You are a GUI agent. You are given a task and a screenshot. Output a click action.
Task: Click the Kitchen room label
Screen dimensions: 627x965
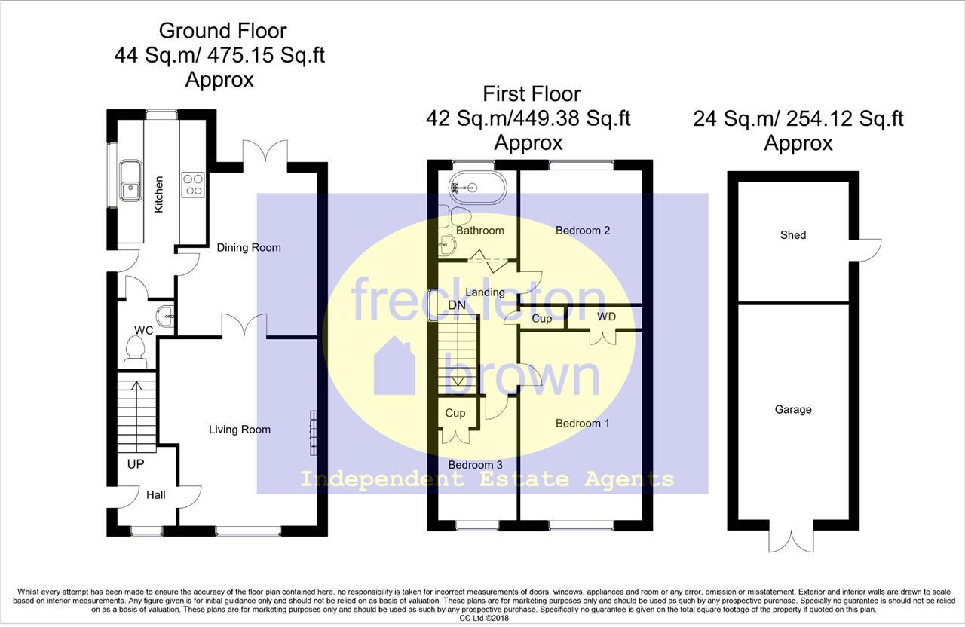(159, 194)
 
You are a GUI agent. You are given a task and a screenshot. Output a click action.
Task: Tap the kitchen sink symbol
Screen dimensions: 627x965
(130, 180)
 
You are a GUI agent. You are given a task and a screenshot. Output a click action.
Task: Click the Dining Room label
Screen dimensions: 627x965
(249, 247)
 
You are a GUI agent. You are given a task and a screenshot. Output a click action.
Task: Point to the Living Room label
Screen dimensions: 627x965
(240, 430)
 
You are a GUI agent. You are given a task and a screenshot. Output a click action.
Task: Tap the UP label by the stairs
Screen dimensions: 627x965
(136, 464)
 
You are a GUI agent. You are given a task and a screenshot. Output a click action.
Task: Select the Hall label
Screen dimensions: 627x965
(156, 495)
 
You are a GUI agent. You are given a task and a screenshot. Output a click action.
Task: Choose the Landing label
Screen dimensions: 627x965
(485, 292)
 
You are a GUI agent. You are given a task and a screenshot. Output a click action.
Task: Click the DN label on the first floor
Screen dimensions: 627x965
(456, 305)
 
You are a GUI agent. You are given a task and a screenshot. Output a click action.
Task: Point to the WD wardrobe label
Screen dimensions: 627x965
(606, 317)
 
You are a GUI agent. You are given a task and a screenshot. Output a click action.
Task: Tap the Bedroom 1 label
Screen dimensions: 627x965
(583, 424)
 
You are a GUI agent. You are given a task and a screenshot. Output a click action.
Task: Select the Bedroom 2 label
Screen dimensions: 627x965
(583, 230)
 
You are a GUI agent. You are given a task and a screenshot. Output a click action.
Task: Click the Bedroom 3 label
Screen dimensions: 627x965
(475, 465)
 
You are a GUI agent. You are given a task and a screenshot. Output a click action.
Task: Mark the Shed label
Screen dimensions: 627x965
(793, 235)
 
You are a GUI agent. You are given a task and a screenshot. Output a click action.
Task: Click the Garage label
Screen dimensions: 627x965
(793, 410)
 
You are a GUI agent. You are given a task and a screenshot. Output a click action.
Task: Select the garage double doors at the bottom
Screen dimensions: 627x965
(792, 540)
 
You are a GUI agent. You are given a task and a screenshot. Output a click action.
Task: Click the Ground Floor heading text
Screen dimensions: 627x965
(222, 31)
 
